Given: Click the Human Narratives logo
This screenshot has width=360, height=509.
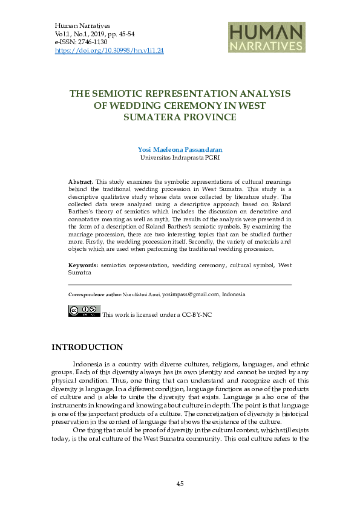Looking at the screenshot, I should click(266, 38).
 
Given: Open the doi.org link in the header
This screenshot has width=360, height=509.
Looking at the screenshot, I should click(109, 51).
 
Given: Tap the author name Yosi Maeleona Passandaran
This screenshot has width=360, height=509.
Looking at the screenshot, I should click(180, 149).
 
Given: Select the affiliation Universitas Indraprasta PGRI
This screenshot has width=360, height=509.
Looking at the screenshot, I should click(180, 157).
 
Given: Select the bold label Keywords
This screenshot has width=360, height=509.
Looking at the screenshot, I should click(83, 265).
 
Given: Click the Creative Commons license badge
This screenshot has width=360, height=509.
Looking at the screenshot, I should click(84, 311).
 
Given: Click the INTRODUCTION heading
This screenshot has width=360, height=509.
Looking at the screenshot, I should click(87, 347).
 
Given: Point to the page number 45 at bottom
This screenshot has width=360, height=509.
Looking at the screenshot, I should click(180, 484).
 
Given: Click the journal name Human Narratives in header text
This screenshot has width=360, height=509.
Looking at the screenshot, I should click(82, 27).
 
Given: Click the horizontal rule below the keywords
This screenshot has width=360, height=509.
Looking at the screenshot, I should click(180, 284).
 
